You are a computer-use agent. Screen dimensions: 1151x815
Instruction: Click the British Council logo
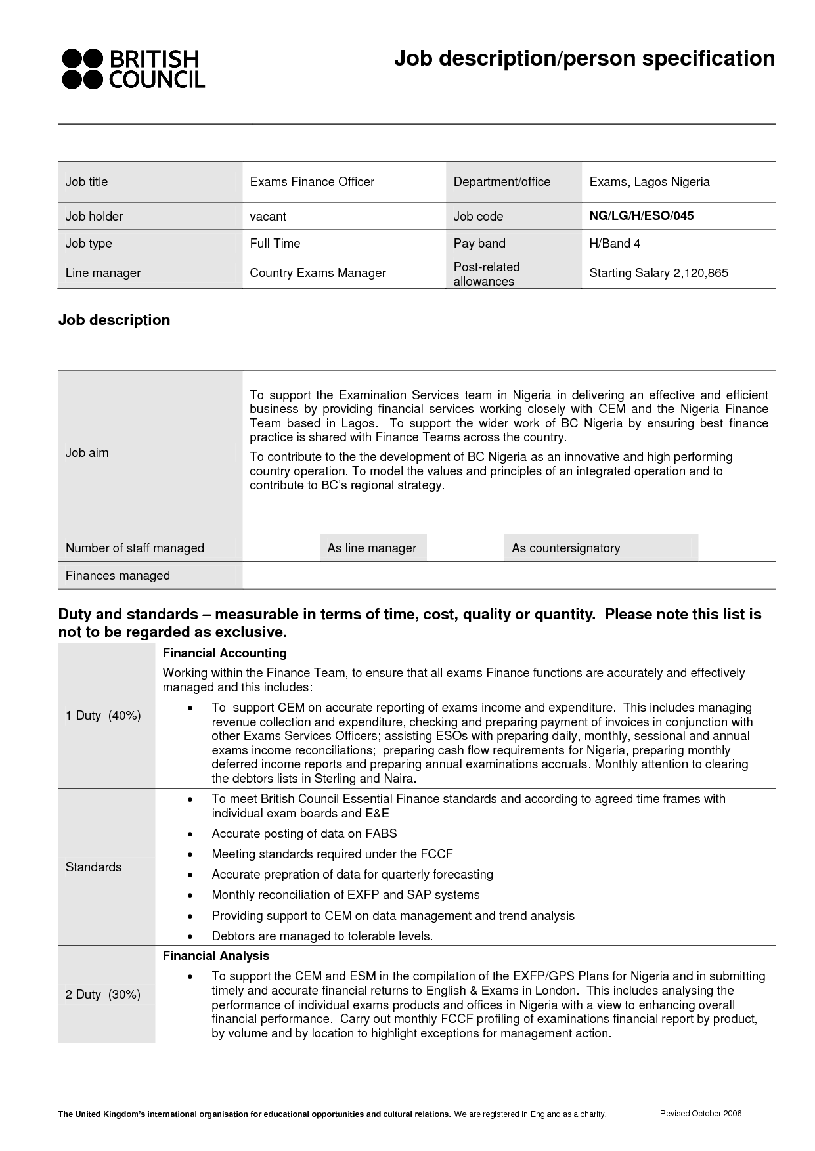[133, 68]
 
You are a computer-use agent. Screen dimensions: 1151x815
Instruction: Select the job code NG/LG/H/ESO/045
[641, 216]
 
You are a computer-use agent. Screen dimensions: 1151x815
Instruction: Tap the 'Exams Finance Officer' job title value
[312, 182]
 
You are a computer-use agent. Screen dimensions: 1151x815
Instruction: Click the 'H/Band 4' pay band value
[615, 244]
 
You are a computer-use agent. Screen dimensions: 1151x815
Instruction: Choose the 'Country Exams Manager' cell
[318, 273]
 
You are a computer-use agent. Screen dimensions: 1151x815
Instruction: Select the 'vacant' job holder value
[268, 217]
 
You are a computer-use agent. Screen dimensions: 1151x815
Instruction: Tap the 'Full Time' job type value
[275, 244]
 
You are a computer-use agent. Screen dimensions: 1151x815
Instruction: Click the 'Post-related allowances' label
[486, 274]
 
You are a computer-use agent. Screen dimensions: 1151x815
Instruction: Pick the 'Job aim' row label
[87, 453]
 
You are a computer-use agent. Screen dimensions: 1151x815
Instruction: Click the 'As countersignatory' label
[565, 548]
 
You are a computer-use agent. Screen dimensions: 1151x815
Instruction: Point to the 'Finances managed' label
[118, 576]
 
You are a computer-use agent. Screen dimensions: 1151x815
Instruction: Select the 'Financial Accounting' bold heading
[225, 653]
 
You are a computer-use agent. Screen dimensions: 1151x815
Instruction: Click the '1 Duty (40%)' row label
[103, 716]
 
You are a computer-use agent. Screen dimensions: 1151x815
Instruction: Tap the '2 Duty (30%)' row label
[103, 995]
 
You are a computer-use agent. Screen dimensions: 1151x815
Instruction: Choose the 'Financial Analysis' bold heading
[216, 956]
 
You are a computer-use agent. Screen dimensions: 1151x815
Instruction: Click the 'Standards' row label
[93, 867]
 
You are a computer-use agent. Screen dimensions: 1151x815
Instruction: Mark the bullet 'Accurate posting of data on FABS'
[304, 834]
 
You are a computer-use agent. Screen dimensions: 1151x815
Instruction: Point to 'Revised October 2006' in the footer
[700, 1114]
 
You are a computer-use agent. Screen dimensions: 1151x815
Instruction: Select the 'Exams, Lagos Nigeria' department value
[650, 182]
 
